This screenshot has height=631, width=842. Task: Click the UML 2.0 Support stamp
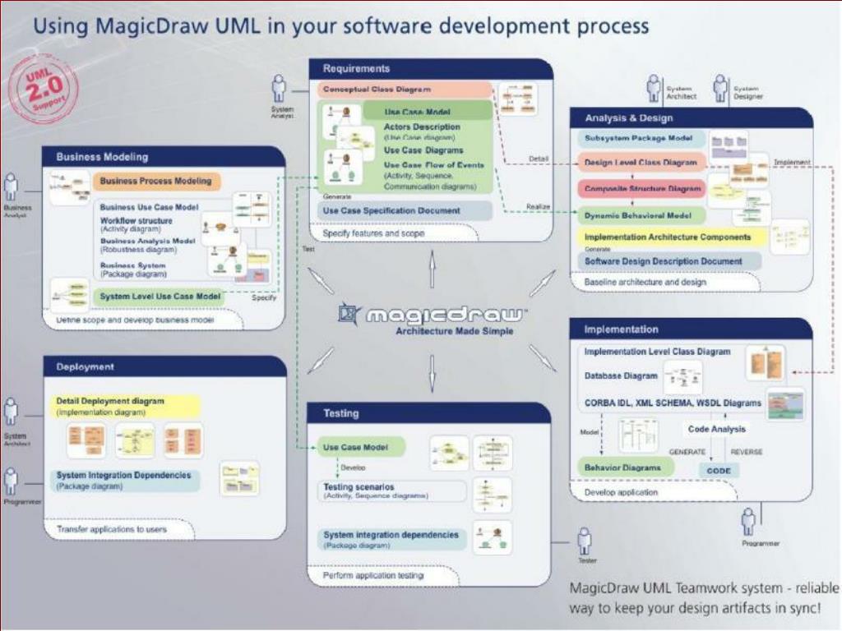point(41,88)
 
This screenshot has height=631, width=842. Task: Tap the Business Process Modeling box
point(155,181)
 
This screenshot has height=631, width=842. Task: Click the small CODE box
point(719,471)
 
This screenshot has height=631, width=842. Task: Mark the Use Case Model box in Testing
point(362,447)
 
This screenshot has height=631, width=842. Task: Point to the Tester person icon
point(585,541)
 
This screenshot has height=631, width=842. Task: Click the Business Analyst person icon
point(12,187)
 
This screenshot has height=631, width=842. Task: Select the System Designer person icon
point(720,86)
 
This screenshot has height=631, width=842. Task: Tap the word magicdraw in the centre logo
point(445,315)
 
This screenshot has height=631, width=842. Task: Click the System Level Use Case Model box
point(160,296)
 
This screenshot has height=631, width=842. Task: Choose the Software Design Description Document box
point(663,261)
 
